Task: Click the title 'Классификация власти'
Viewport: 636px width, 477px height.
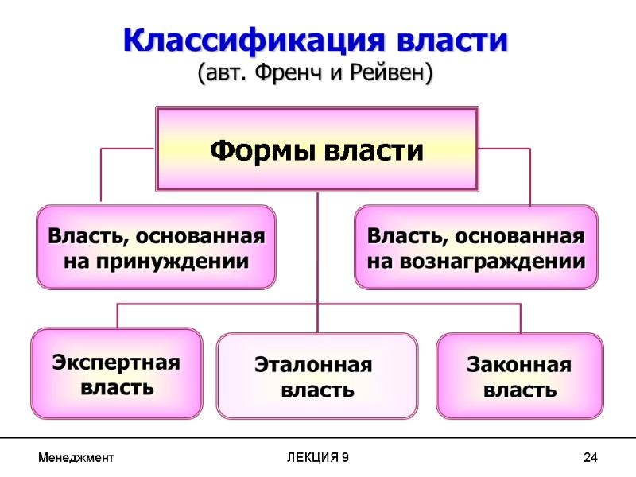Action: pos(316,41)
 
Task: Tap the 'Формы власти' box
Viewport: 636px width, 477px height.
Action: pos(316,149)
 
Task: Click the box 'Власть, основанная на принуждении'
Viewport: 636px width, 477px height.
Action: pos(156,246)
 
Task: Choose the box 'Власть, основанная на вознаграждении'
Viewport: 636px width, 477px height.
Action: pos(475,246)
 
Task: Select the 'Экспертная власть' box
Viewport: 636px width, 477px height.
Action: pos(116,374)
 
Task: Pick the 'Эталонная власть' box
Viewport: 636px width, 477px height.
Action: pos(316,376)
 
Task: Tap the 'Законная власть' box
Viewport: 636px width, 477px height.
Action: pos(519,376)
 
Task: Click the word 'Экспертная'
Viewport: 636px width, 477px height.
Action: pos(116,363)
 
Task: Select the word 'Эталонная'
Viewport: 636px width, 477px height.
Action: pos(313,365)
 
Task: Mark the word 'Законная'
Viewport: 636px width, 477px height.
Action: pos(519,365)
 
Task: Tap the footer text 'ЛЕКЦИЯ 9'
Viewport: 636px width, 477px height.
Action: pos(316,459)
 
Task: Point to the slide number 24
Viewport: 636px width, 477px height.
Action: pos(590,459)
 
